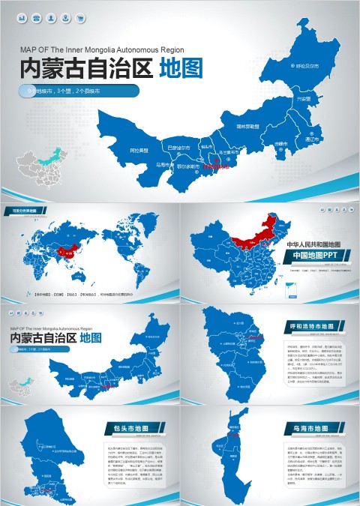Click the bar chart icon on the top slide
pos(22,17)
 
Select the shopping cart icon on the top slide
pos(80,17)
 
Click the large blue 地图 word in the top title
pos(181,69)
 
